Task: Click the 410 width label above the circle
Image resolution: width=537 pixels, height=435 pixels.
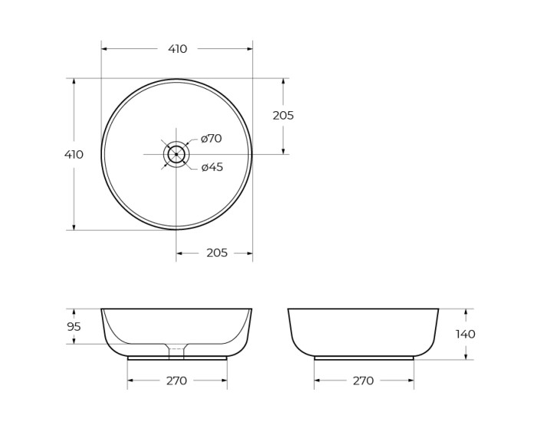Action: (177, 49)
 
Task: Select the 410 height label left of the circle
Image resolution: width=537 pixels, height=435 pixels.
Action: (74, 154)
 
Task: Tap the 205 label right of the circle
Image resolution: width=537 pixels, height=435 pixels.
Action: (283, 116)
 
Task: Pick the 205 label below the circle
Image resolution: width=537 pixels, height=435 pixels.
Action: (217, 253)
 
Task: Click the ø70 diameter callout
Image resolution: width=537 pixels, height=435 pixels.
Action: (211, 139)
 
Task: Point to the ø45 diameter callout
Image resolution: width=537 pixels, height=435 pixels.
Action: (212, 167)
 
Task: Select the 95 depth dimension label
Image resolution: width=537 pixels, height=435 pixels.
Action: (74, 327)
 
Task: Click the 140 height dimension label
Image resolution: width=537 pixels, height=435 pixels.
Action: (465, 334)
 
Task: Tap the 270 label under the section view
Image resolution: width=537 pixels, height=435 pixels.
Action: (176, 381)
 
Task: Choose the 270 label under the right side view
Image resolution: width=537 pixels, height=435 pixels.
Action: (363, 381)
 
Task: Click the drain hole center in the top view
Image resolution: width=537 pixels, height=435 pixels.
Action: (176, 154)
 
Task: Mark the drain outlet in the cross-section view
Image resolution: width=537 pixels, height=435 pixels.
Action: (176, 352)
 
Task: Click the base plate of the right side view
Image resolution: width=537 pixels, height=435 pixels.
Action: (364, 358)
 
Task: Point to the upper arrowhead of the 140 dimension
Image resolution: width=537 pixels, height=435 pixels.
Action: (465, 312)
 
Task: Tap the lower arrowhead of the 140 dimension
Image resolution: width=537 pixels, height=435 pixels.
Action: (465, 356)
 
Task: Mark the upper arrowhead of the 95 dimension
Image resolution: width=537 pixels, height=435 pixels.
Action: (74, 312)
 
